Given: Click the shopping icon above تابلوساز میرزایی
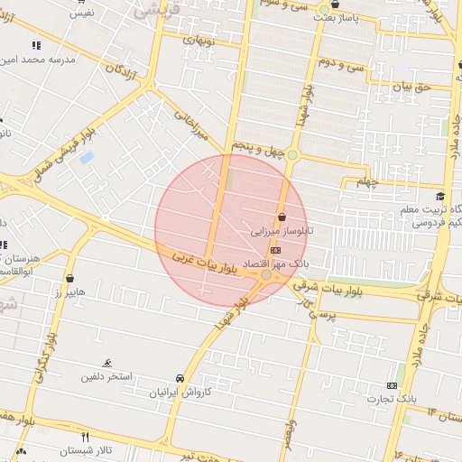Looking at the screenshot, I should (283, 217).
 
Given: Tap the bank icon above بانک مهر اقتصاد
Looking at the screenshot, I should (275, 250).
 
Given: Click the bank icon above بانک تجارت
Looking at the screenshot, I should (392, 385).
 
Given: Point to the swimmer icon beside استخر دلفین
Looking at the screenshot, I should (107, 363).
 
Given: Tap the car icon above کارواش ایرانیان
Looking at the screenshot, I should (180, 379).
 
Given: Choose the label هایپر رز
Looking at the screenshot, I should (69, 293).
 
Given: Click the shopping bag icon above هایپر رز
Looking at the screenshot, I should (70, 279).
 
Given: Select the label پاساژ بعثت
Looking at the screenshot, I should (341, 18).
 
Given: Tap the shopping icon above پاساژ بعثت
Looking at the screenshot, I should (335, 5).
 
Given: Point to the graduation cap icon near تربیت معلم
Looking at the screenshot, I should (439, 197).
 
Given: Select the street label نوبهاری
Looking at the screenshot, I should (199, 40).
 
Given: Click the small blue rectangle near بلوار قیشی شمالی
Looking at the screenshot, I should (87, 158).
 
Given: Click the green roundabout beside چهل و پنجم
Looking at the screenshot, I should (291, 155).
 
